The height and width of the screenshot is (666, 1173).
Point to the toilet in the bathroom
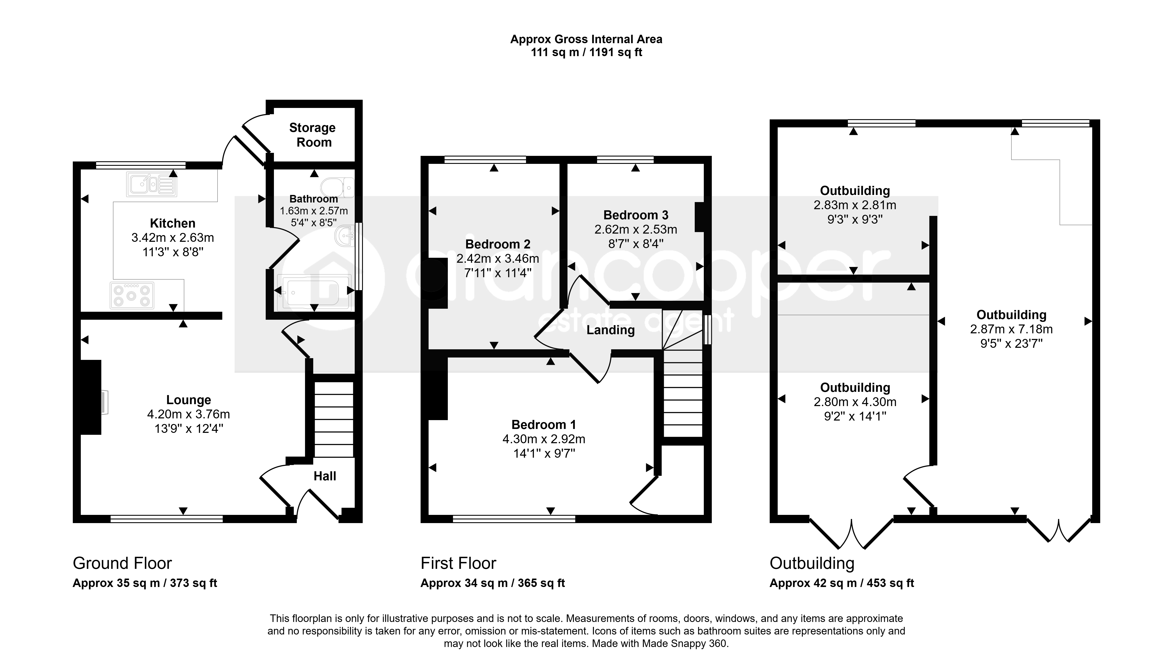[x=337, y=188]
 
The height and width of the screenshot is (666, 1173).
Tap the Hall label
[x=325, y=476]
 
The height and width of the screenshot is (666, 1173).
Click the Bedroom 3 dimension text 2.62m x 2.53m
[x=636, y=229]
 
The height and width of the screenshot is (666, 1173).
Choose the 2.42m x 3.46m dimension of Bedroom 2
[x=498, y=258]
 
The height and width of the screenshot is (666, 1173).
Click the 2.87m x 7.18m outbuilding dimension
[x=1011, y=329]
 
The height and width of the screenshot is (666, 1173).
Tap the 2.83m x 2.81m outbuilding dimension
[x=855, y=205]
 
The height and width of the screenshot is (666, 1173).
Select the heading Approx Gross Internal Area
[x=586, y=39]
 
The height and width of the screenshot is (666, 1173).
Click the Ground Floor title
[x=122, y=563]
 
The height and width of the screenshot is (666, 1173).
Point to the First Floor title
[x=458, y=563]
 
